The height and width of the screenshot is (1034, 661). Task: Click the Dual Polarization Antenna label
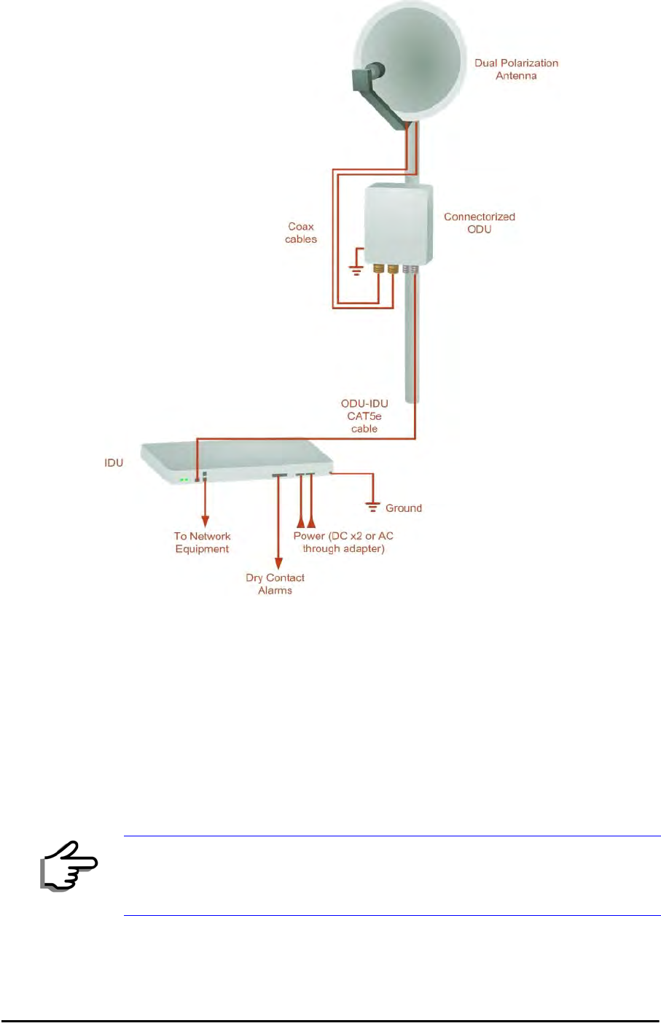[516, 69]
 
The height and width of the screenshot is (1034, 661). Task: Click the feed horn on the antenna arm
[364, 79]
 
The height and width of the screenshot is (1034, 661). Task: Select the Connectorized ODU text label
[479, 223]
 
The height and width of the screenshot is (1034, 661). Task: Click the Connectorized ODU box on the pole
[398, 225]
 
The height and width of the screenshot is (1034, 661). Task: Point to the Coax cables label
[301, 233]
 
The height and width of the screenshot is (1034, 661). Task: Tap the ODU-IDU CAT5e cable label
[364, 416]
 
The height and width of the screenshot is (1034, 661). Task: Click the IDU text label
[114, 463]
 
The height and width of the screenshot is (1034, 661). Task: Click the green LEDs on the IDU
[184, 480]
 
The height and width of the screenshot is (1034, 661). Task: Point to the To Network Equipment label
[202, 543]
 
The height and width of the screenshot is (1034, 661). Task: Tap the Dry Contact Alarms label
[275, 584]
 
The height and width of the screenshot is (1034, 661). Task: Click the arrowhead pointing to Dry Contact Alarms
[278, 563]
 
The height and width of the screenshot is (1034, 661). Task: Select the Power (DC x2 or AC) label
[343, 542]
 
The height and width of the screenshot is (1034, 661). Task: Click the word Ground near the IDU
[404, 508]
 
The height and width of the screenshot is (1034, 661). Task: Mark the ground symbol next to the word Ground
[373, 505]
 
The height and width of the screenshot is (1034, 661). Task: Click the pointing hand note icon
[69, 866]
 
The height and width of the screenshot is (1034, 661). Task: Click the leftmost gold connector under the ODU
[379, 269]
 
